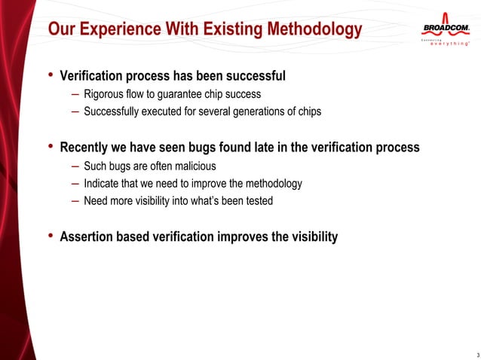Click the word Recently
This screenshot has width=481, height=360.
(87, 148)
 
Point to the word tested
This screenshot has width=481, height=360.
(257, 201)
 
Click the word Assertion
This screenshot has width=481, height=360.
(90, 237)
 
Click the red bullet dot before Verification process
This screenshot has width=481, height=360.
(51, 75)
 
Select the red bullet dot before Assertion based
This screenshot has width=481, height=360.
(51, 236)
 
